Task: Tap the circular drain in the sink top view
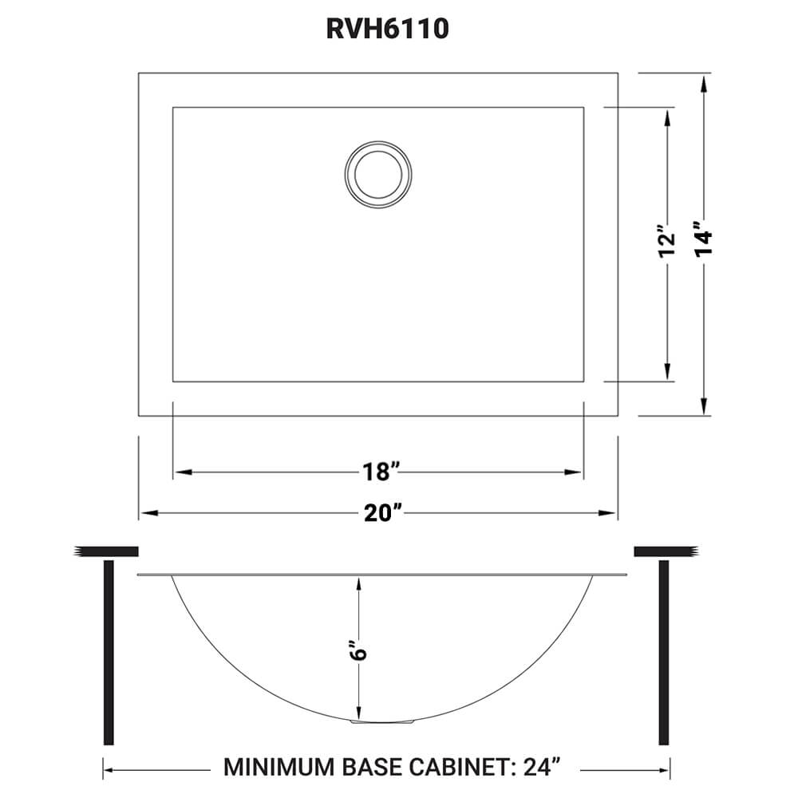pyautogui.click(x=379, y=171)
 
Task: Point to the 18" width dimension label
pyautogui.click(x=377, y=472)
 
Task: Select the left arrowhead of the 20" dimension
pyautogui.click(x=146, y=513)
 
